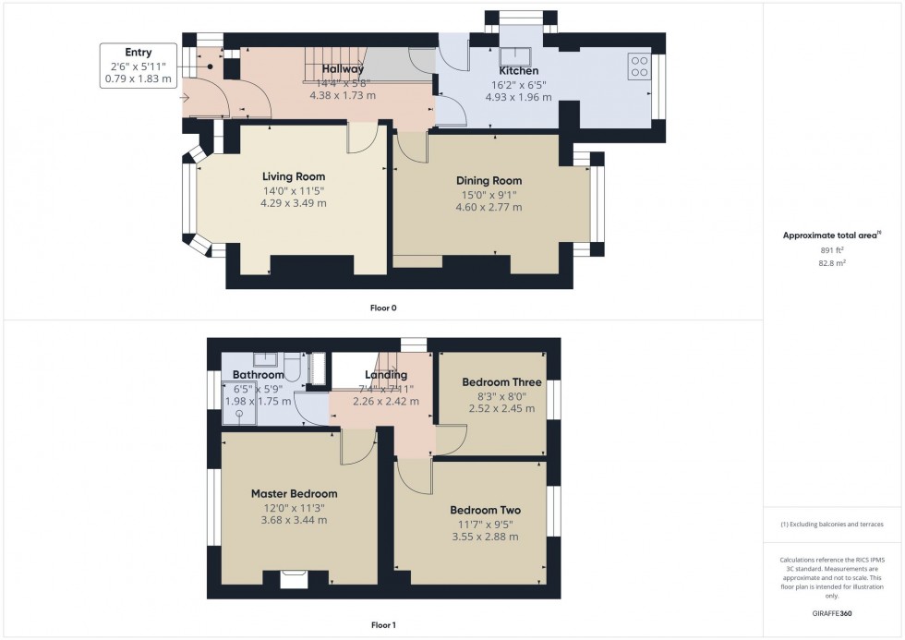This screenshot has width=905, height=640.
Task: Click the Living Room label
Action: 294,176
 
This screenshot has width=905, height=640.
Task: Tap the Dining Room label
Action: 489,181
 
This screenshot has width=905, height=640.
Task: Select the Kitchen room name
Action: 518,71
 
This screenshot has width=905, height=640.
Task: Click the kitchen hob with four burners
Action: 639,66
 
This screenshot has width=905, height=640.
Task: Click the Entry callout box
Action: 139,66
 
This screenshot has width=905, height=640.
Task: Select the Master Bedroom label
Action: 295,494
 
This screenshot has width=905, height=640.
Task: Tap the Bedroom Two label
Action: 486,510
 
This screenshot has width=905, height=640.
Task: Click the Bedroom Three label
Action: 501,382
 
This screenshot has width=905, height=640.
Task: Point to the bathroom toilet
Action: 292,367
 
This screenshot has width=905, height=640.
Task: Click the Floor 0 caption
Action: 383,308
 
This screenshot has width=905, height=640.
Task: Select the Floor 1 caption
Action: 383,625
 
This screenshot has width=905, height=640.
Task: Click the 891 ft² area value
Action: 832,250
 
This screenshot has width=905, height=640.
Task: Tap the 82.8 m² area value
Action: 832,263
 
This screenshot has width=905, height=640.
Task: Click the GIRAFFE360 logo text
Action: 832,613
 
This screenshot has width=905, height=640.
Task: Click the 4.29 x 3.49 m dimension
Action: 294,203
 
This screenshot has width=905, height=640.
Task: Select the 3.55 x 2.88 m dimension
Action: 485,537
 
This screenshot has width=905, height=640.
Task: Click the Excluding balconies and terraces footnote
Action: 832,525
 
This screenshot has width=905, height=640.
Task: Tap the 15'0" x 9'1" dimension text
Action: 489,195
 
